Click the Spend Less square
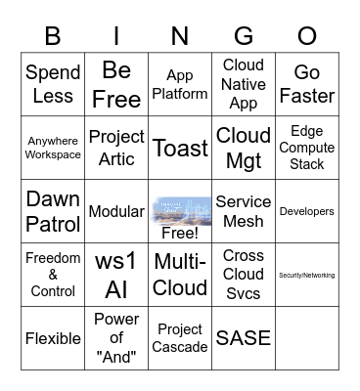[53, 84]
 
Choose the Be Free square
[116, 84]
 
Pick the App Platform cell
[180, 84]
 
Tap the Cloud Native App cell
[244, 84]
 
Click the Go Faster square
[306, 84]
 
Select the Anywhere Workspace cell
[53, 148]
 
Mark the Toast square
[180, 148]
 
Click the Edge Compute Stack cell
[306, 148]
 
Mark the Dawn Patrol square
[53, 211]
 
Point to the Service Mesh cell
[244, 211]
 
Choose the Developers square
[306, 211]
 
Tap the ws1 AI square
[116, 275]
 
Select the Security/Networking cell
[306, 275]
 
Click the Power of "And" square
[116, 338]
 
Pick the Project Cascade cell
[180, 338]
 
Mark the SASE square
[244, 338]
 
